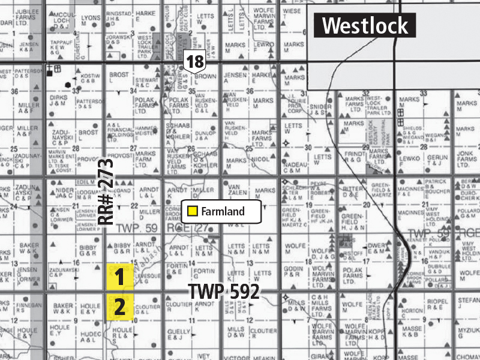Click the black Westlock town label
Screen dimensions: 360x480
tap(366, 26)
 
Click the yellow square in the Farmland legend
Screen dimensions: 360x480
tap(193, 211)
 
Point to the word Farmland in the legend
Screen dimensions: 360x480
tap(223, 211)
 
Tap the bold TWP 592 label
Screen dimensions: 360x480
tap(224, 292)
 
